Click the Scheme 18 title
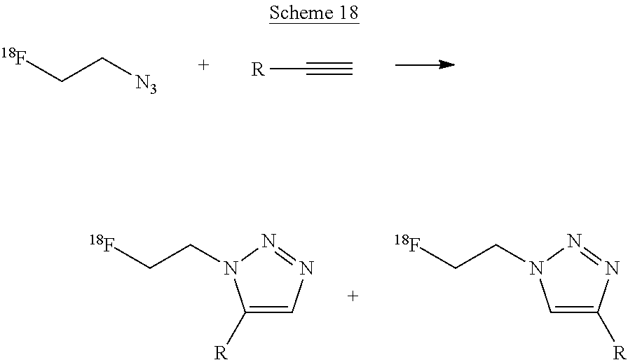[313, 15]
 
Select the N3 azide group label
[146, 85]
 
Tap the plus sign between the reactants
[204, 65]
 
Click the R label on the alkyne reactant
[258, 70]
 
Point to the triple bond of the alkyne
[329, 69]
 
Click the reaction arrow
[424, 65]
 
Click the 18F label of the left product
[102, 244]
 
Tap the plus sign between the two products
[353, 296]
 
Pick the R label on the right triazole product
[617, 351]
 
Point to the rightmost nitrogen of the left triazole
[306, 268]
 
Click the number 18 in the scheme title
[345, 15]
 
